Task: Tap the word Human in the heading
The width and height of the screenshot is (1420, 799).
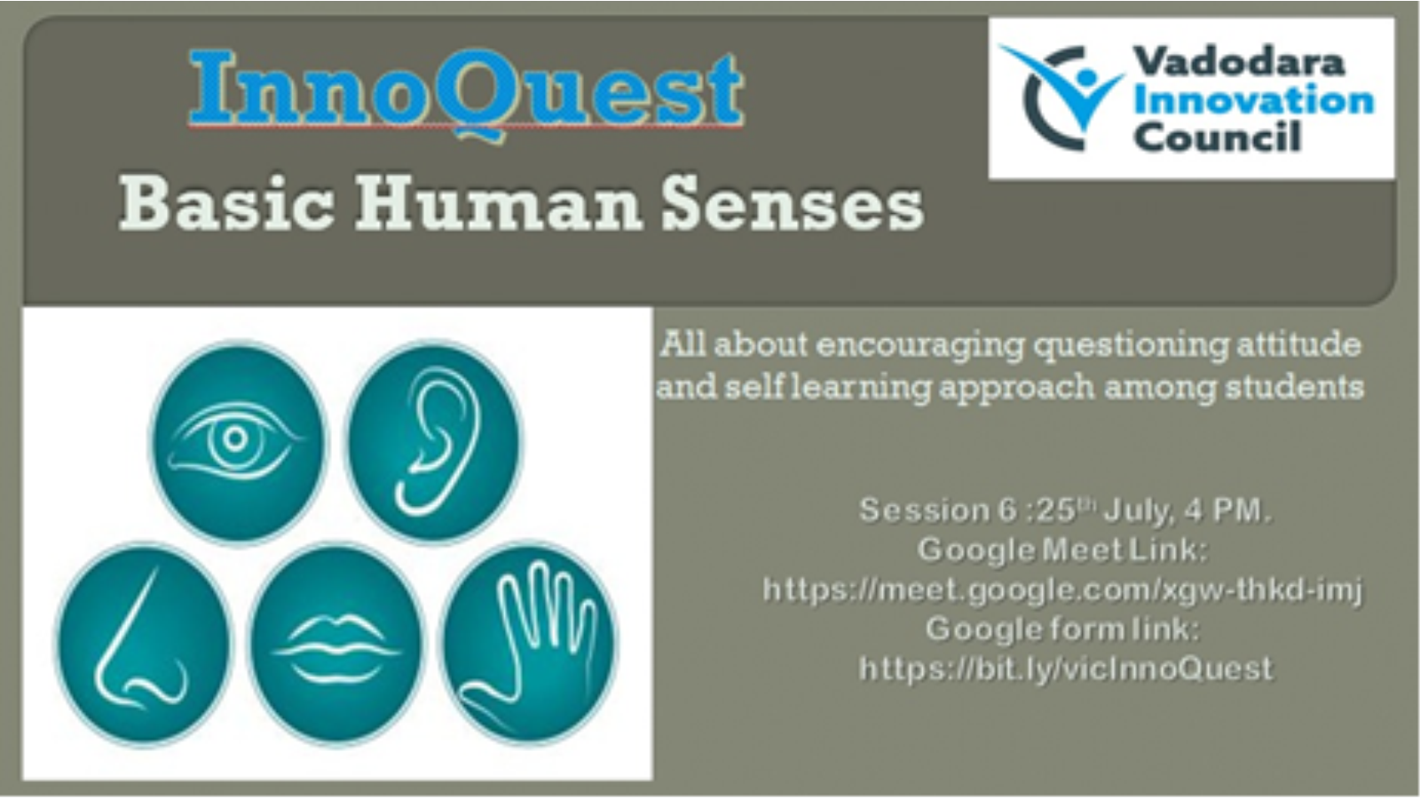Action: coord(498,205)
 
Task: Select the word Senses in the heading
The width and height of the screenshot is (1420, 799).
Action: coord(793,205)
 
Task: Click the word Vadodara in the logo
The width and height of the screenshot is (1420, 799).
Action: coord(1238,63)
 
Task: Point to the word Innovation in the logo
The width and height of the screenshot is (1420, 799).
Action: coord(1253,101)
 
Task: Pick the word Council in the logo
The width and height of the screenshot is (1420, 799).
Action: coord(1217,137)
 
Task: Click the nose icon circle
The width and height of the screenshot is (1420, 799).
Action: coord(145,643)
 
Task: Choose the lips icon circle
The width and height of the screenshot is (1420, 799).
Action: coord(336,643)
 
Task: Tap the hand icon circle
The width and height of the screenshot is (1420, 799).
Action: coord(528,643)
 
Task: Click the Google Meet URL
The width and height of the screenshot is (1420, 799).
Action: coord(1062,589)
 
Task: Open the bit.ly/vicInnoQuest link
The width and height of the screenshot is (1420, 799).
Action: coord(1065,668)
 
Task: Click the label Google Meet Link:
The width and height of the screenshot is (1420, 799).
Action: coord(1062,550)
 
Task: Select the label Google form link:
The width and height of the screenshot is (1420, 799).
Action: coord(1062,629)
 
